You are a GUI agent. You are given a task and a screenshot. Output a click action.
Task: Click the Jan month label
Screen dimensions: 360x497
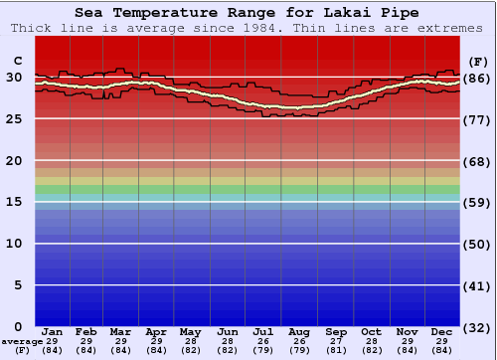tap(53, 331)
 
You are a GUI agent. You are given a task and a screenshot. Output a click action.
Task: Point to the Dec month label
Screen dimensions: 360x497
tap(442, 331)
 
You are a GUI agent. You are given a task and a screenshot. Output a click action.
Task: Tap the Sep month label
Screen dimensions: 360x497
tap(336, 331)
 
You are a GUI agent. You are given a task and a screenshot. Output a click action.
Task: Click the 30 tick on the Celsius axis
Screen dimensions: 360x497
tap(14, 77)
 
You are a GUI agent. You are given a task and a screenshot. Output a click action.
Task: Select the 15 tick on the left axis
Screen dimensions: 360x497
tap(14, 202)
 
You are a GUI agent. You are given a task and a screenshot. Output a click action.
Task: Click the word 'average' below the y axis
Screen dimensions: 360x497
tap(22, 340)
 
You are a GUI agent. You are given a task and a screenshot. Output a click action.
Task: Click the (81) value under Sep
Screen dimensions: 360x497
tap(336, 349)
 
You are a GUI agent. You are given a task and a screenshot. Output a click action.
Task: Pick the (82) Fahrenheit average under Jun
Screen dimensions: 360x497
tap(229, 349)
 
